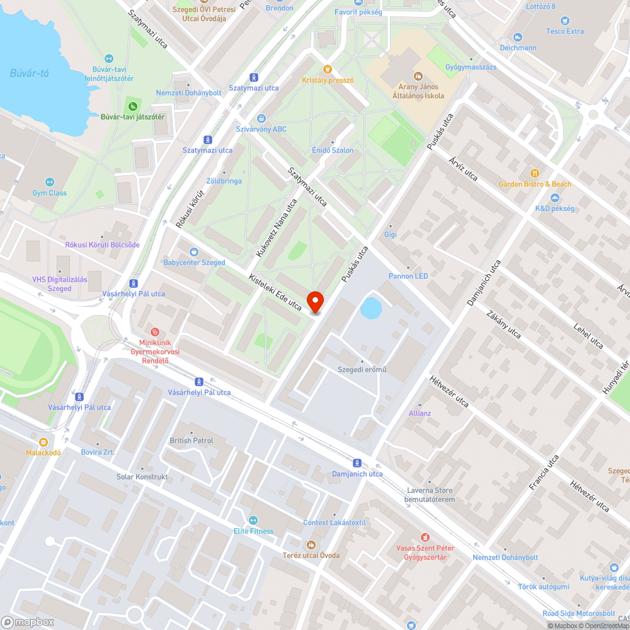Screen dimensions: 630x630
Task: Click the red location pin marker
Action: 316,302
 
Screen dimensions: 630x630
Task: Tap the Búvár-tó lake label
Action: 29,73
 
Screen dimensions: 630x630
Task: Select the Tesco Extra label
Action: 566,31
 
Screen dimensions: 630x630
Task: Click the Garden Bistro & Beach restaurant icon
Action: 535,173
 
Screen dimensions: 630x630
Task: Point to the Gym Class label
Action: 49,193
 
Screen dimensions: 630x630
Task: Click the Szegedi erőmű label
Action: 362,369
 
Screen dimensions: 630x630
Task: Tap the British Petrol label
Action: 192,440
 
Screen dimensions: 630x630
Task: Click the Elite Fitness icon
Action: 253,520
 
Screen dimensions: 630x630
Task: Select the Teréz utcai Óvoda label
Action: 312,555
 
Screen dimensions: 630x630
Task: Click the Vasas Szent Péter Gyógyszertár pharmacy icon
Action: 425,537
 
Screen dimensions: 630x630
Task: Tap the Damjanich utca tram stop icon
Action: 357,462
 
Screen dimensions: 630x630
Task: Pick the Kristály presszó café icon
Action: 327,69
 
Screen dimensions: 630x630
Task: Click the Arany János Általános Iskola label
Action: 418,91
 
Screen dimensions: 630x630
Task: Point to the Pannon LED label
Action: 408,276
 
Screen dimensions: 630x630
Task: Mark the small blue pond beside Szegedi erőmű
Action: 371,309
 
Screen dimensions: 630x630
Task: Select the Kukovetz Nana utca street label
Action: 276,228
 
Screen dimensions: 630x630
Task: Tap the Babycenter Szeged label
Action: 194,262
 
